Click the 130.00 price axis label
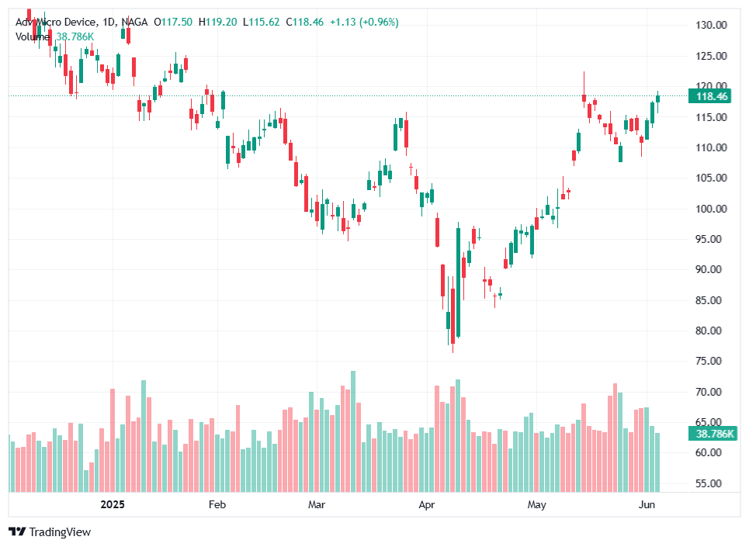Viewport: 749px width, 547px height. click(x=710, y=25)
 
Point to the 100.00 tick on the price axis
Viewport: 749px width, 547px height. click(x=710, y=209)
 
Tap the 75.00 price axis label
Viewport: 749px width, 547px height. click(x=710, y=362)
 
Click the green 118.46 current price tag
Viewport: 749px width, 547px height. click(x=712, y=96)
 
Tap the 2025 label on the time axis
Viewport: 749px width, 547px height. click(x=113, y=505)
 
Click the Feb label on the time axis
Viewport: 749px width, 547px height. click(x=217, y=505)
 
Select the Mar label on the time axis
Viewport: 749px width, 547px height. click(x=316, y=505)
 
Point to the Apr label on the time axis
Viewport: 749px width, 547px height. click(x=427, y=505)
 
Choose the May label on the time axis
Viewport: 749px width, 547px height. click(x=536, y=505)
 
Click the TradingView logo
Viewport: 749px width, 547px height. click(x=50, y=532)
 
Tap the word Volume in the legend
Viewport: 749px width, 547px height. click(x=33, y=36)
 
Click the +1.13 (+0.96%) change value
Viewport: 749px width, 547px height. click(x=364, y=23)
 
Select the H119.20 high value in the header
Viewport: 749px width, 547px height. click(x=217, y=23)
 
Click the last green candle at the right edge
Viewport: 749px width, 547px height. click(x=658, y=98)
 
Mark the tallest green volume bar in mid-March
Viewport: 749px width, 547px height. click(x=353, y=431)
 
